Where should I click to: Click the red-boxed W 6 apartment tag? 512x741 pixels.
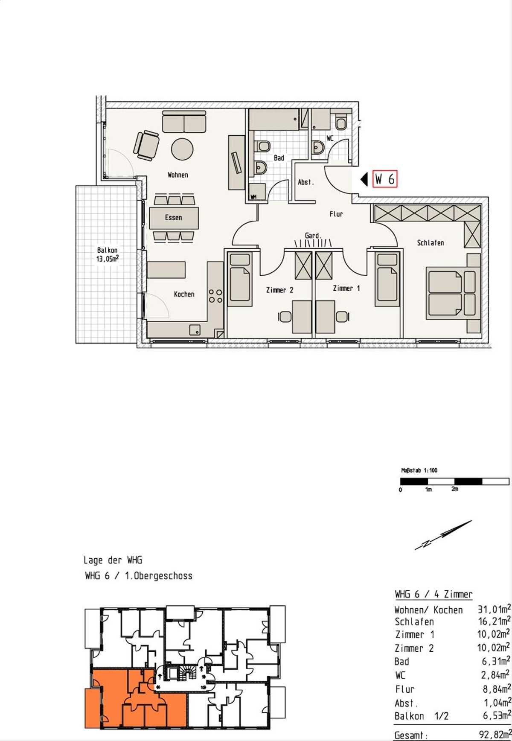coord(385,179)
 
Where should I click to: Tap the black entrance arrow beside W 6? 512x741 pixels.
coord(364,179)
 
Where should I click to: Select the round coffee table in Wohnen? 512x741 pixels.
coord(183,149)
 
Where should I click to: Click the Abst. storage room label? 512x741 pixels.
coord(305,182)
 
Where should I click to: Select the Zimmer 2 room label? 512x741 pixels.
coord(279,290)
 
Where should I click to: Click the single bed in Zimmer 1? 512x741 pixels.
coord(387,279)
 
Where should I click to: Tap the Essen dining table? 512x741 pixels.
coord(174,218)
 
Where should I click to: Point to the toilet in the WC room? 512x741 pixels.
coord(341,123)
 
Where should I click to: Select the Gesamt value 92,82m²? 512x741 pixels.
coord(495,735)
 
